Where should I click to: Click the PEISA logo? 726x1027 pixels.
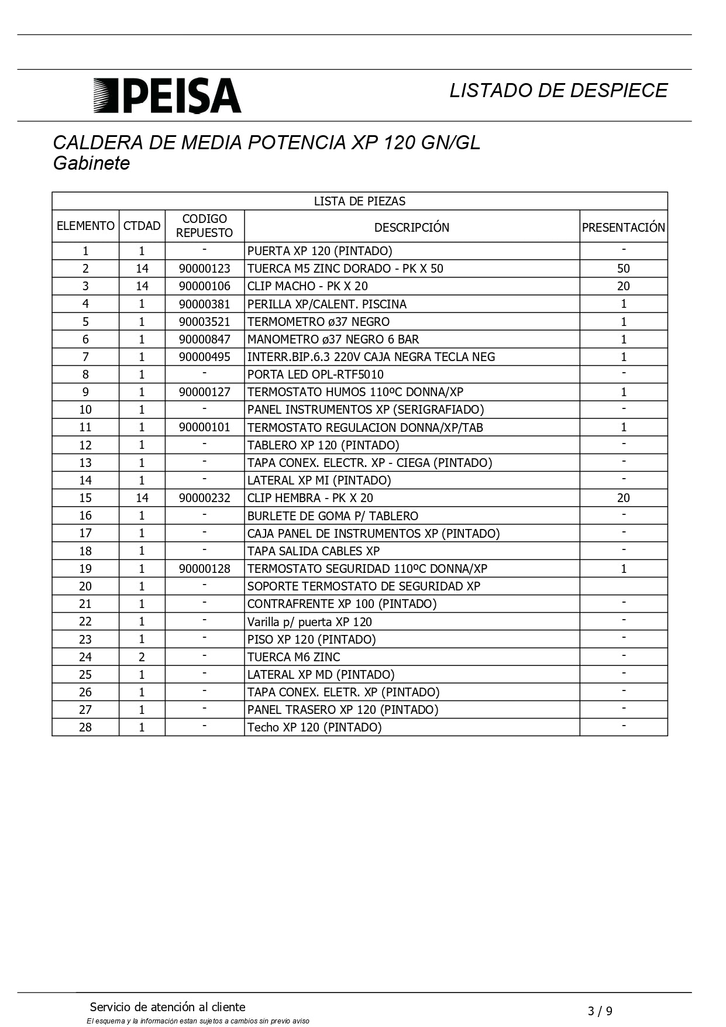167,95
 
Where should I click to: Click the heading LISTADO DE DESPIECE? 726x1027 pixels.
558,91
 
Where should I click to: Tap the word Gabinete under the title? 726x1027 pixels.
91,163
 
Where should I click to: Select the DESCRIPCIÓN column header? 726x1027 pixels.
411,227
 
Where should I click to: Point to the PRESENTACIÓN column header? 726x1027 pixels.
623,227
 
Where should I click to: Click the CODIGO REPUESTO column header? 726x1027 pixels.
204,226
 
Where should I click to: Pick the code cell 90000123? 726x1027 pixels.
204,269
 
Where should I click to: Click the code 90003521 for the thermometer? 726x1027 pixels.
204,322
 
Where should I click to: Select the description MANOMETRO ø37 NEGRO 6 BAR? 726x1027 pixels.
333,339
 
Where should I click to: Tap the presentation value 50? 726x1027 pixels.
623,269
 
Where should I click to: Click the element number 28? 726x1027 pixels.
85,727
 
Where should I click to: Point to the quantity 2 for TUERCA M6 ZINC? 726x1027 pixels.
142,657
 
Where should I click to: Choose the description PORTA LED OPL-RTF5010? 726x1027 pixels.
315,375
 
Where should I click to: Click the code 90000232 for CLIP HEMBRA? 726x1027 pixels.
204,498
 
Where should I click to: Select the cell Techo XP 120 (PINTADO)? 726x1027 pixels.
314,727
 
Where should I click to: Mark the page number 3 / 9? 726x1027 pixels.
600,1011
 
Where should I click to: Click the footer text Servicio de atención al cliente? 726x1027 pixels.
167,1007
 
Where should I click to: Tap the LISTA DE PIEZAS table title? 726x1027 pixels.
359,201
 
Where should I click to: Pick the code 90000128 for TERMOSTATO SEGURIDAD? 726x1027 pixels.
204,569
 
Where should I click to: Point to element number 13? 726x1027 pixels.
85,463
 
